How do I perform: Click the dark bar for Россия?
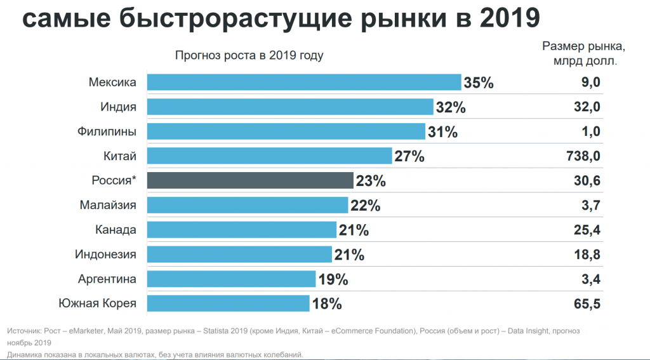click(x=250, y=180)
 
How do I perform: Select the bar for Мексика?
click(x=304, y=82)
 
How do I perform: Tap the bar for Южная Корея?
click(x=229, y=303)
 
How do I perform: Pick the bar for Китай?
click(x=270, y=156)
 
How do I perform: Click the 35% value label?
click(x=479, y=83)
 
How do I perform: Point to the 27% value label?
click(x=409, y=156)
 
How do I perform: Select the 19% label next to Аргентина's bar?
click(x=333, y=279)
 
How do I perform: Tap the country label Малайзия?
click(x=108, y=205)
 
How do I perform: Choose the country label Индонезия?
click(x=105, y=254)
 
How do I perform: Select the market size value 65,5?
click(x=587, y=303)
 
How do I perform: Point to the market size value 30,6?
click(x=587, y=180)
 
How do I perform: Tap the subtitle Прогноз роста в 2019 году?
click(x=249, y=55)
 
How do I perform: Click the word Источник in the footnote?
click(x=24, y=331)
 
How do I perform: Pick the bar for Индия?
click(x=290, y=107)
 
